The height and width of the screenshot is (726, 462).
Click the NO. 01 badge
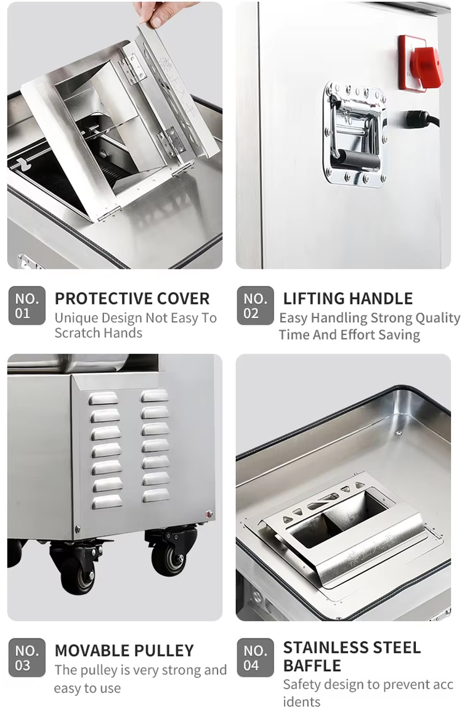tap(27, 306)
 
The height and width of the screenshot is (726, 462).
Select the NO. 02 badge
tap(255, 306)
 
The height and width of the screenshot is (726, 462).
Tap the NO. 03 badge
tap(27, 658)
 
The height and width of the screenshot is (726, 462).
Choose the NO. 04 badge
tap(255, 658)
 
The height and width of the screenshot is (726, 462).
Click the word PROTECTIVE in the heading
tap(96, 299)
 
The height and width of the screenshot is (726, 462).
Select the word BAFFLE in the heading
tap(312, 666)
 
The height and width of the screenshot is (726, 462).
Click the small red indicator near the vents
tap(209, 514)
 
